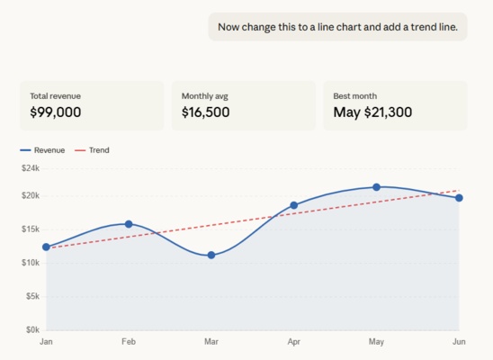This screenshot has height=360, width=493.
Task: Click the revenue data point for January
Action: [x=46, y=247]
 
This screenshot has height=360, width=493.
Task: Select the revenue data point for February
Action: [x=129, y=224]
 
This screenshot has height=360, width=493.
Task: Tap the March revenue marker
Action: [x=211, y=255]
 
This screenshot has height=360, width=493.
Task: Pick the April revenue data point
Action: [x=293, y=205]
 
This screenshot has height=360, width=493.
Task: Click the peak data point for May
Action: [x=376, y=187]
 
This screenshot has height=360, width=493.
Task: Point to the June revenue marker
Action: [x=459, y=198]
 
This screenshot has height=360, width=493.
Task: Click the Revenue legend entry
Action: [x=42, y=150]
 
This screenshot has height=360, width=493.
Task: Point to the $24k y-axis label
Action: [x=31, y=168]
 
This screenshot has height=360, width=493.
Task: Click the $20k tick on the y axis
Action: [x=31, y=195]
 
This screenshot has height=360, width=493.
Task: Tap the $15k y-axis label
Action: [x=31, y=229]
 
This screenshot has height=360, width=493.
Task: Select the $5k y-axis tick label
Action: [x=32, y=296]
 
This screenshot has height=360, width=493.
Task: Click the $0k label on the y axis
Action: [x=32, y=329]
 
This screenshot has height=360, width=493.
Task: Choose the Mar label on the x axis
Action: [x=211, y=342]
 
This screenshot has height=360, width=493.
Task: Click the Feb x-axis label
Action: [x=129, y=342]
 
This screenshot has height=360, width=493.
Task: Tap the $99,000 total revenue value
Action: [x=56, y=112]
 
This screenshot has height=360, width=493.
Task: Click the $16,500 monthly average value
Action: [x=205, y=112]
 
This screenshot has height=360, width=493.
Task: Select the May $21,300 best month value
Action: [x=372, y=112]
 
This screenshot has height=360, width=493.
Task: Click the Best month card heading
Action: [x=354, y=95]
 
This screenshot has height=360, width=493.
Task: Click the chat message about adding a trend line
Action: [x=337, y=27]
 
